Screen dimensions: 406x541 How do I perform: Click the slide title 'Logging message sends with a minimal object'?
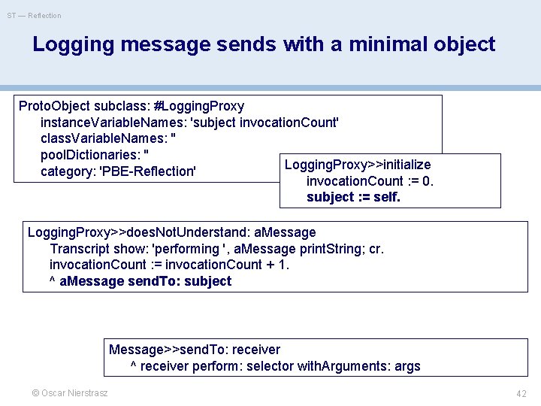coord(264,44)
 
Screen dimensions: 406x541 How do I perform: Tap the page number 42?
coord(521,393)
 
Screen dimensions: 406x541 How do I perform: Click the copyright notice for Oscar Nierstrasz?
coord(69,393)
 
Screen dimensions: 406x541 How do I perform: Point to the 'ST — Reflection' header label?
coord(35,15)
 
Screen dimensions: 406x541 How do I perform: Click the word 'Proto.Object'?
coord(54,106)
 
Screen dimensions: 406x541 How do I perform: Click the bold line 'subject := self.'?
coord(353,197)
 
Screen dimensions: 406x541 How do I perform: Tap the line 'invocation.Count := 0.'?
coord(370,181)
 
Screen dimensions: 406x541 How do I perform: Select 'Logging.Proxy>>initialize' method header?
coord(358,165)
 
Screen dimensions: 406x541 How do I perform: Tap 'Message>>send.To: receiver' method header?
coord(195,350)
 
